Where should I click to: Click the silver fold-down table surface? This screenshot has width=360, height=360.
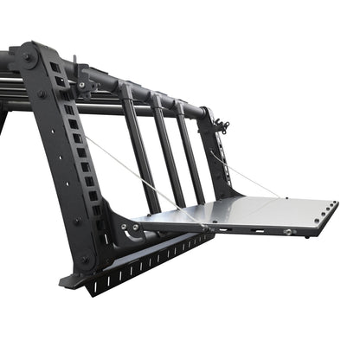[260, 211]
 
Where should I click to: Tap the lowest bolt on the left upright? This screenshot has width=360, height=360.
[85, 258]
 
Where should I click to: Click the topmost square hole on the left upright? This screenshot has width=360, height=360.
[54, 67]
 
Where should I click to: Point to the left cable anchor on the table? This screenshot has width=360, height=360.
[205, 226]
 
